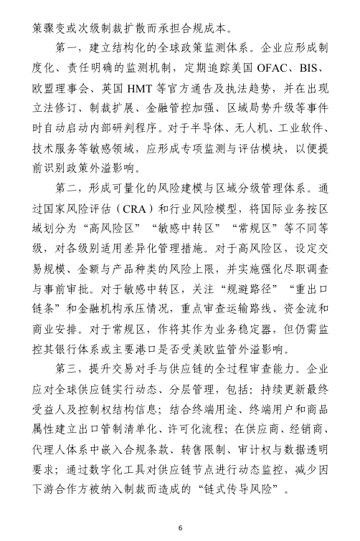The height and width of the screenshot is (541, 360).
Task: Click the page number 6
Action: click(181, 528)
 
